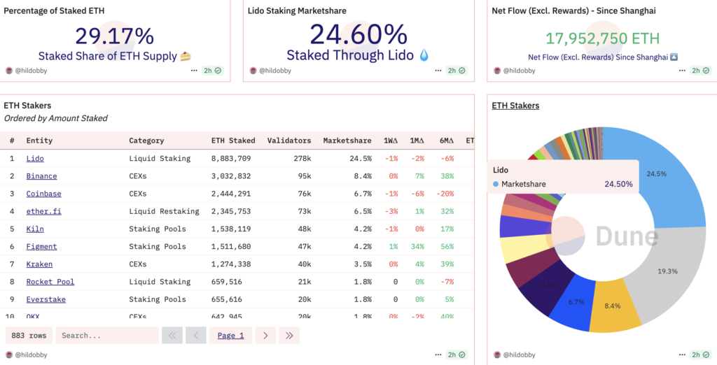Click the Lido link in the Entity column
35,159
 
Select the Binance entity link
41,176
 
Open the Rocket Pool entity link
50,282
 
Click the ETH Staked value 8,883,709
230,159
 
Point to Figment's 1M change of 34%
417,247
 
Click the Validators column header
288,141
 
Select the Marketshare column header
347,141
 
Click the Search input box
106,336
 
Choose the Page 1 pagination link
230,336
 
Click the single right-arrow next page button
265,336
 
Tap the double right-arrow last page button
288,336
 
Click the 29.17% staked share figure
114,36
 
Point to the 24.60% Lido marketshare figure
358,34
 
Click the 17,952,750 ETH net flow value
602,38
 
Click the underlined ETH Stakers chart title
515,106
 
